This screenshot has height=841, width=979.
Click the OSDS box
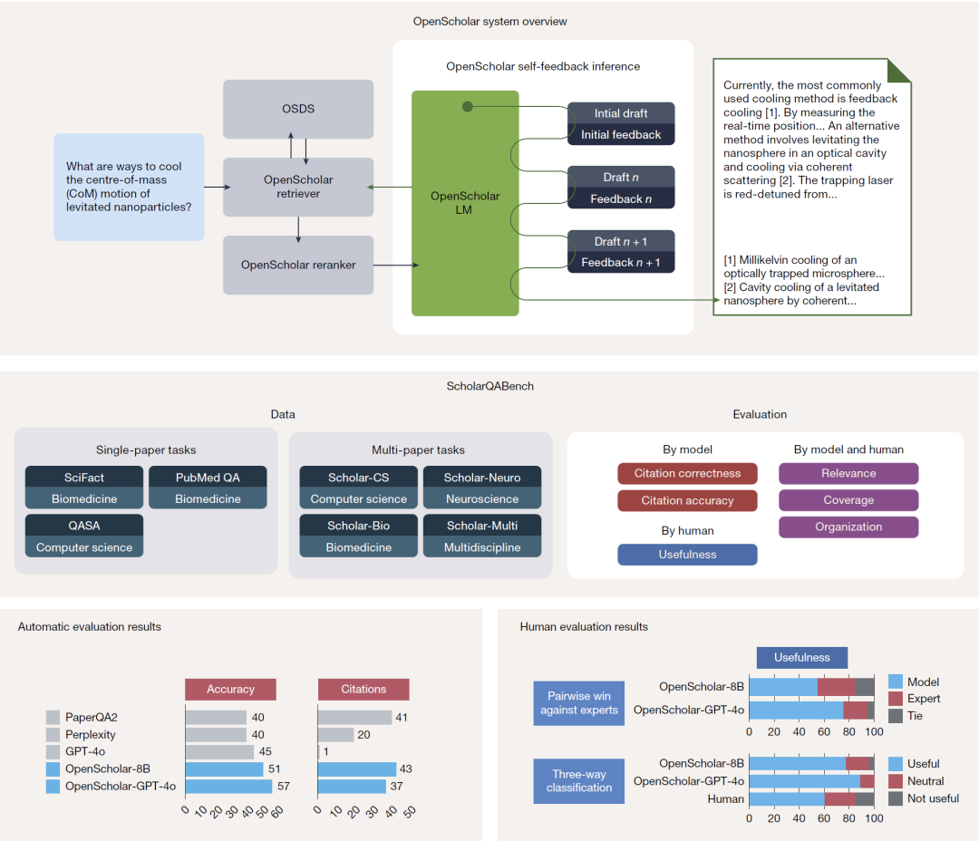coord(298,109)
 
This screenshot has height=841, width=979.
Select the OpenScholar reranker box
coord(298,266)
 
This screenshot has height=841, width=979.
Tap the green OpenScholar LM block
coord(465,203)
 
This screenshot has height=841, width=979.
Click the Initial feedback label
coord(621,135)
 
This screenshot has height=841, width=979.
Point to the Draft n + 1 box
coord(621,242)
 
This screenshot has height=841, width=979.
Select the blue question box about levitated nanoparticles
coord(129,187)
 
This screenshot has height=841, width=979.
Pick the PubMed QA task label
coord(208,478)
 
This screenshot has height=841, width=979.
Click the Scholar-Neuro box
coord(482,478)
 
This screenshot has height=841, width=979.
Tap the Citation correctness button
coord(687,473)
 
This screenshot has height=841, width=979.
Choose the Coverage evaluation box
coord(848,500)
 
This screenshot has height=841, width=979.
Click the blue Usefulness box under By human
coord(687,555)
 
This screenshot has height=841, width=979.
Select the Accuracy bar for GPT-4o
coord(219,752)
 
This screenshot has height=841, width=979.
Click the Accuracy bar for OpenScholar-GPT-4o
coord(228,787)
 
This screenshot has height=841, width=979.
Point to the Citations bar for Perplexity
coord(335,735)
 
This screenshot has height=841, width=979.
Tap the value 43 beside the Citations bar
coord(406,769)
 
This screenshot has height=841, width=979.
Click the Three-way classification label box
coord(579,781)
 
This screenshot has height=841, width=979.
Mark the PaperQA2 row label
coord(92,718)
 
